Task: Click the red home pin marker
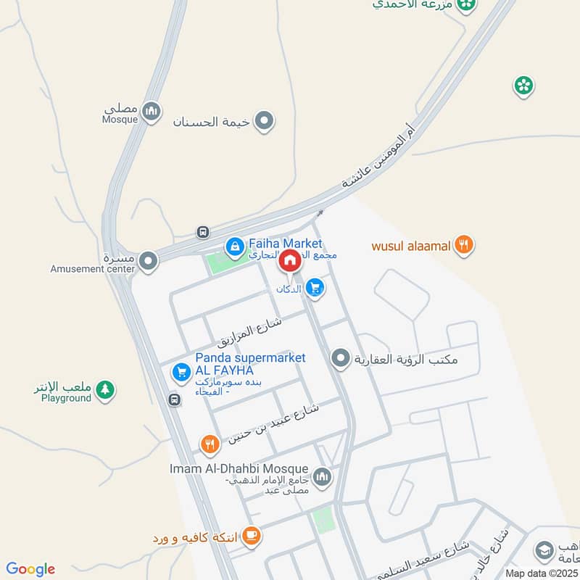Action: coord(290,260)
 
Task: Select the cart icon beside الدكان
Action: coord(315,289)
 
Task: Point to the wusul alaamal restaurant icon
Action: coord(464,245)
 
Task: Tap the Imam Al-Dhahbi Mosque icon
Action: coord(323,477)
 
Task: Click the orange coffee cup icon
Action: coord(251,536)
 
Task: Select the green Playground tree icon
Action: coord(106,390)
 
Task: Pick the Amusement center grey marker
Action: coord(149,260)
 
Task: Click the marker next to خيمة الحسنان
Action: coord(266,121)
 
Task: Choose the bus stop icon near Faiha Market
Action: coord(203,233)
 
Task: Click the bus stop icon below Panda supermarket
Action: coord(174,399)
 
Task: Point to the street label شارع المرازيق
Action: coord(249,329)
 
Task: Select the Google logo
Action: coord(30,569)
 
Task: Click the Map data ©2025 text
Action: coord(540,573)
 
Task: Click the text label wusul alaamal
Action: coord(412,245)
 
